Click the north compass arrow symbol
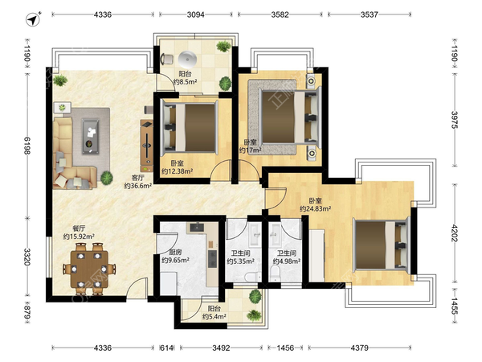[x=33, y=19]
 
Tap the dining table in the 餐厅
[x=89, y=269]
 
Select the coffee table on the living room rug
[x=90, y=137]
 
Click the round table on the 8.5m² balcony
[x=187, y=60]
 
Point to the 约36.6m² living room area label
[x=138, y=186]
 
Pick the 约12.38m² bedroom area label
[x=177, y=171]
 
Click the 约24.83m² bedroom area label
[x=316, y=208]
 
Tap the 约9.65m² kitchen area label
[x=175, y=260]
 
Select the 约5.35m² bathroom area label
[x=240, y=261]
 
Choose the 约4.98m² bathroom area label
[x=287, y=261]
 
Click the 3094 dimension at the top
[x=196, y=14]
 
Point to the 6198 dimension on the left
[x=27, y=146]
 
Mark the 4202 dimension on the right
[x=455, y=233]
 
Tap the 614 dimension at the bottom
[x=167, y=348]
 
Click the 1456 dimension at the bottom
[x=285, y=348]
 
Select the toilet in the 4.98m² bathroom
[x=276, y=273]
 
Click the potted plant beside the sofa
[x=106, y=178]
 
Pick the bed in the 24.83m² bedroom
[x=382, y=245]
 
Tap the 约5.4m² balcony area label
[x=214, y=316]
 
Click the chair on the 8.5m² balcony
[x=166, y=59]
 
